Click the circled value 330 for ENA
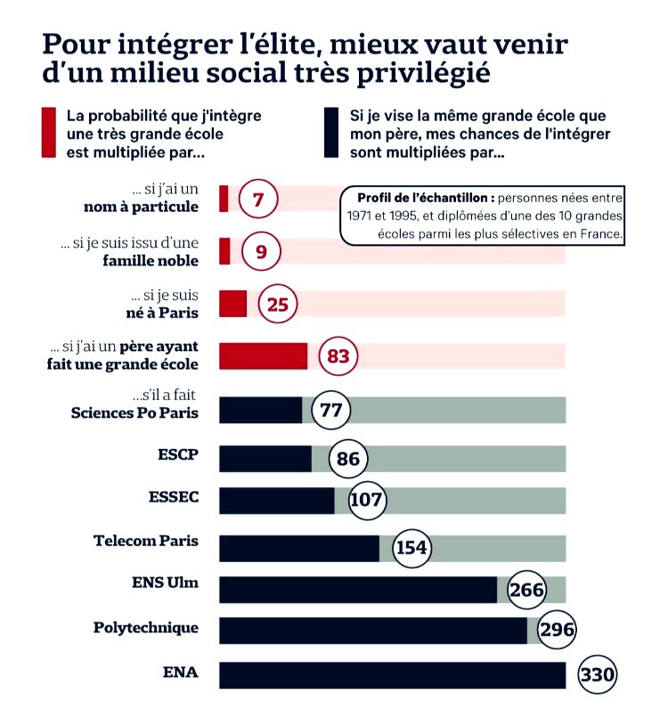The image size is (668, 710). coord(597,675)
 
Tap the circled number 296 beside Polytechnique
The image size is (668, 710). coord(557,631)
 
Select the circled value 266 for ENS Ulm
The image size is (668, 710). coord(527,590)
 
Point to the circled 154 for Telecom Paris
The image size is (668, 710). coord(411,547)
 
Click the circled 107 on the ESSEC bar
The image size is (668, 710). coord(365,501)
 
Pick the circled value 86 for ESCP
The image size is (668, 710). coord(348,460)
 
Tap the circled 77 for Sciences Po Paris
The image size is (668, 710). coord(331,411)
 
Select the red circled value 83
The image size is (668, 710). coord(338,356)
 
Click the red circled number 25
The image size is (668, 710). coord(277,305)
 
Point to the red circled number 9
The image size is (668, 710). coord(261,252)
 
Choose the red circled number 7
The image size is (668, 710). coord(258,200)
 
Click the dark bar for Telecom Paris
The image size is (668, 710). coord(298,548)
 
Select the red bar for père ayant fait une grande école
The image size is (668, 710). coord(263,355)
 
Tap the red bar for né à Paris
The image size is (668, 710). coord(232,304)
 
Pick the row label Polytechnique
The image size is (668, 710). coord(146,628)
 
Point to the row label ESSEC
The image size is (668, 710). coord(172,497)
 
